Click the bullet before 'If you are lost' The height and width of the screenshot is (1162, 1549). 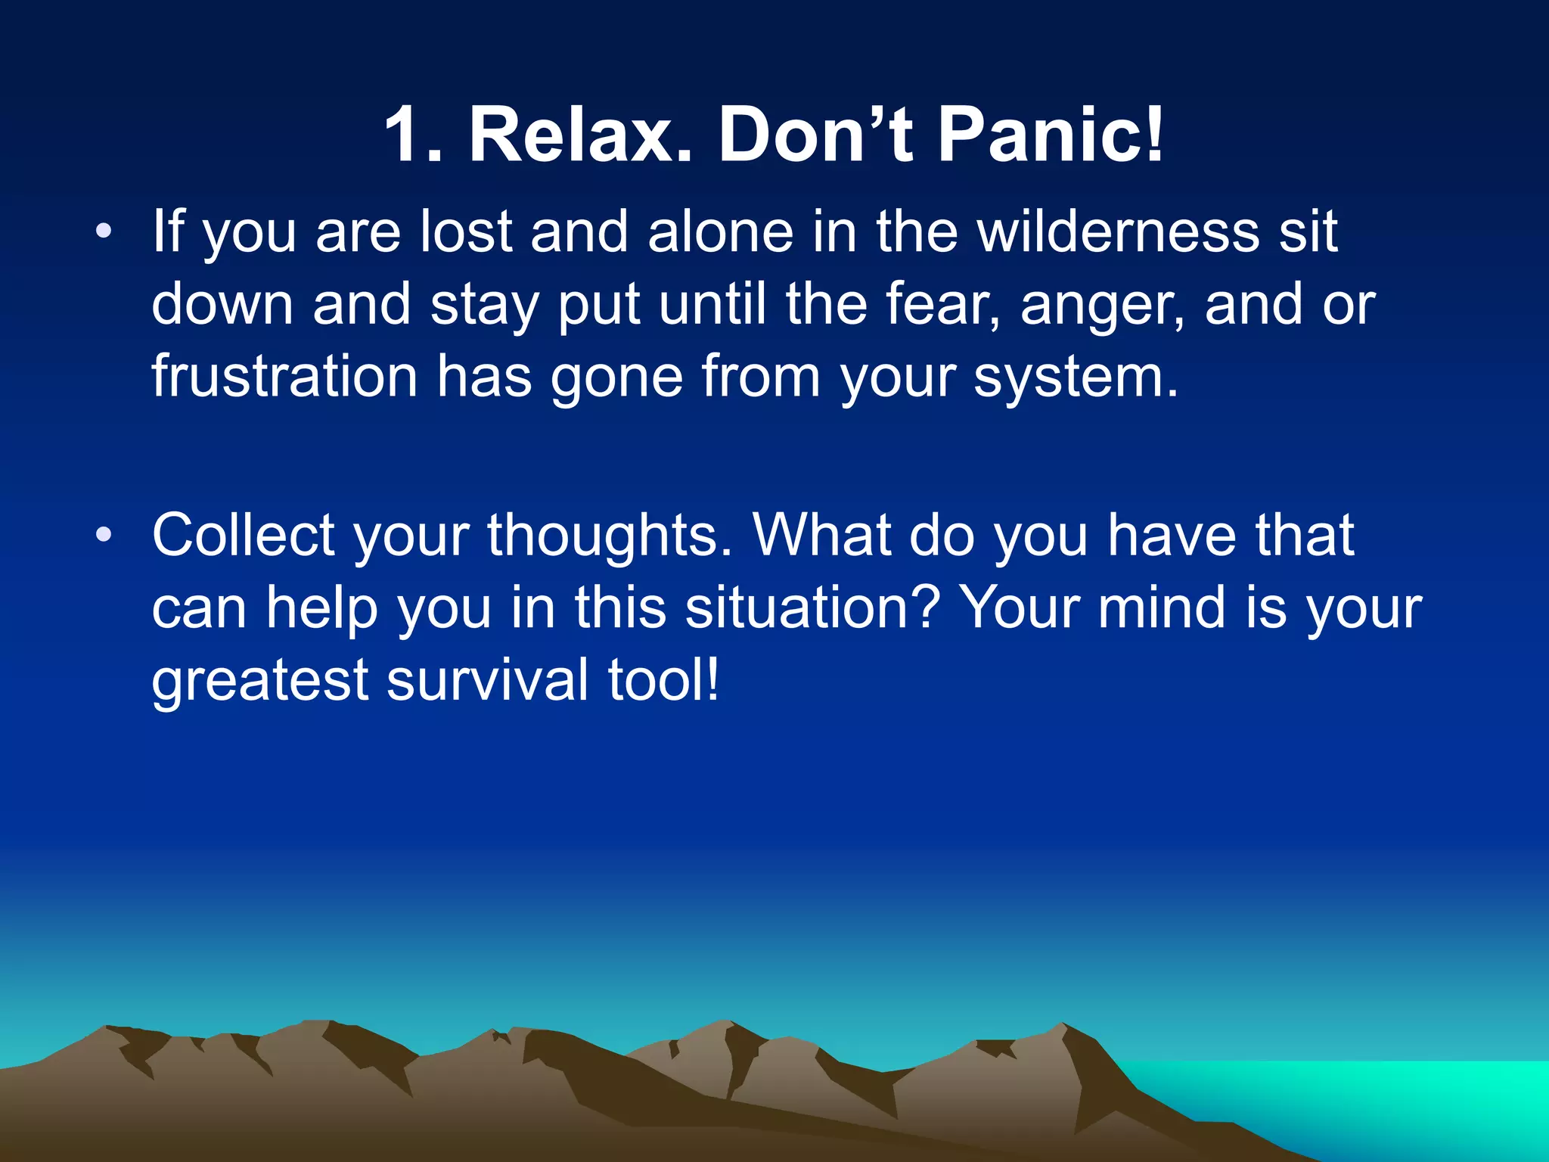(104, 231)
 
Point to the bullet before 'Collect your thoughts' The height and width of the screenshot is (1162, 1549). (104, 536)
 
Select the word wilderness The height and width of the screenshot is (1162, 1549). (1119, 231)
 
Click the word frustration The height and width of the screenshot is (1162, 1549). (284, 377)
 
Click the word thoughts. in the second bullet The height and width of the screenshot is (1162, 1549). (610, 536)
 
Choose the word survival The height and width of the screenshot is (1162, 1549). (488, 679)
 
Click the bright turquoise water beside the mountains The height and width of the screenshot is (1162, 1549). (1361, 1097)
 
